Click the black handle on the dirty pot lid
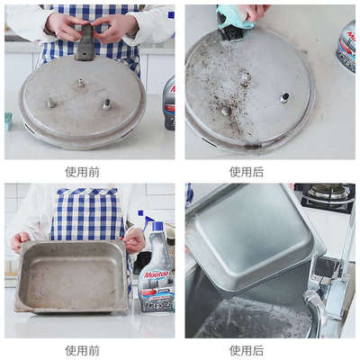pos(85,43)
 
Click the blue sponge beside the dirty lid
pos(8,120)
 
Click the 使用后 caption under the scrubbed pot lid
pos(246,172)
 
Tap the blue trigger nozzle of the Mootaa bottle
pos(148,220)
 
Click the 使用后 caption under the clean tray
pos(246,350)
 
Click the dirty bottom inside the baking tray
pos(72,279)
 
